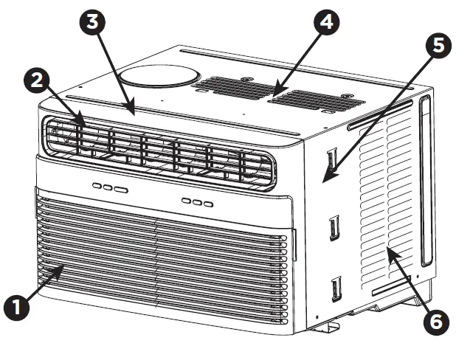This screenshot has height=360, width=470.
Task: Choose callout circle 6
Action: (436, 322)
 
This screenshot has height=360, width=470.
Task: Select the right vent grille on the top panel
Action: (303, 99)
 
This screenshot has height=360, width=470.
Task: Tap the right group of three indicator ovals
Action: (198, 202)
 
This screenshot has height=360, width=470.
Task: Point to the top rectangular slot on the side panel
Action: (332, 159)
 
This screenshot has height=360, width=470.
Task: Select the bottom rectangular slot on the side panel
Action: (337, 287)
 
